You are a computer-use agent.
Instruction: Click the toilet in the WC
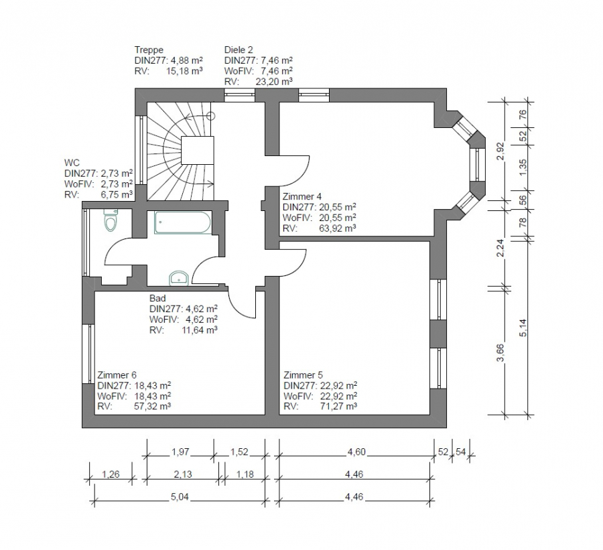111,220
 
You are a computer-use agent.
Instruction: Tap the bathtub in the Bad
182,222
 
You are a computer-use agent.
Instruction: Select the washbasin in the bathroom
179,278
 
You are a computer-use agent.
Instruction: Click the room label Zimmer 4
302,196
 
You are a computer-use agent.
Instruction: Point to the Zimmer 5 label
303,374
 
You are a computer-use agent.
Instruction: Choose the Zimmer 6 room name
117,374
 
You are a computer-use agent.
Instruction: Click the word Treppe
149,50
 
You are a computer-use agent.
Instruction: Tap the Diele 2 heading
239,50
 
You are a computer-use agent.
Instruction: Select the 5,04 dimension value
180,497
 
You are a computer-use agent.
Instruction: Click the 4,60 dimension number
356,452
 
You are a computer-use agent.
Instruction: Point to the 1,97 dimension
180,452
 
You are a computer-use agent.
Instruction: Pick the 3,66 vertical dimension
500,352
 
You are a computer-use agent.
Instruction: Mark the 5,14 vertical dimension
523,328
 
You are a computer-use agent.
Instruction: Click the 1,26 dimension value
111,474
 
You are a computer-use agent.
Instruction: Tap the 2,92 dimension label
500,151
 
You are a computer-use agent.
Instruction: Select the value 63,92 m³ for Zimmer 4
337,228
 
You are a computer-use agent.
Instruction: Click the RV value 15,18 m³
184,71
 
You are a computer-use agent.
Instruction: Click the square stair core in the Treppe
197,150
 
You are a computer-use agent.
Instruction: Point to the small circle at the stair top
211,116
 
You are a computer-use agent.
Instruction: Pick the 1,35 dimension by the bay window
523,167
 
